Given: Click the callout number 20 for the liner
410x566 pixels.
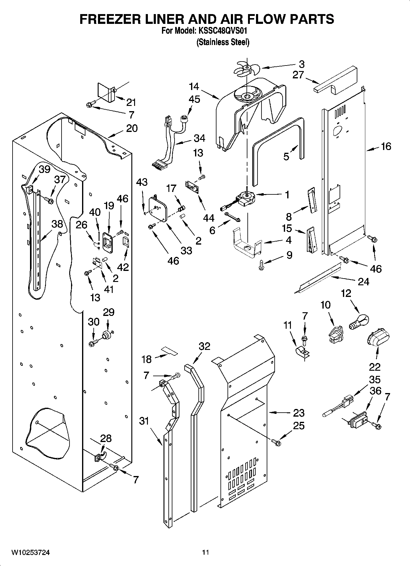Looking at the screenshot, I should pyautogui.click(x=132, y=128).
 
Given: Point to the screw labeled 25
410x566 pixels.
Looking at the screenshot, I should pyautogui.click(x=276, y=442).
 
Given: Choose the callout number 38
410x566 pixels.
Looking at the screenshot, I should pyautogui.click(x=57, y=224).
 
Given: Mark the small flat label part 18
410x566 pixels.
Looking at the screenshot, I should pyautogui.click(x=169, y=351).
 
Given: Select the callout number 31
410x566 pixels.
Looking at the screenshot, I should pyautogui.click(x=144, y=421).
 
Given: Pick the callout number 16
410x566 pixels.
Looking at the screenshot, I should pyautogui.click(x=386, y=147).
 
